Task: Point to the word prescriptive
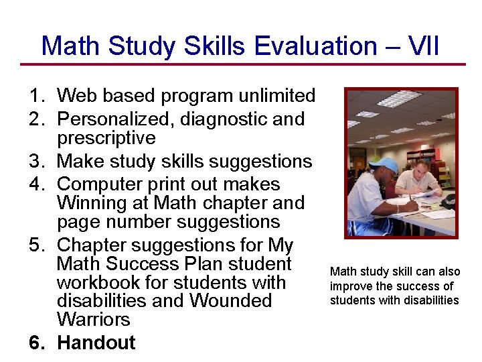(x=106, y=138)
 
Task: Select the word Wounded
(x=230, y=300)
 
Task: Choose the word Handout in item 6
(x=96, y=343)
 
